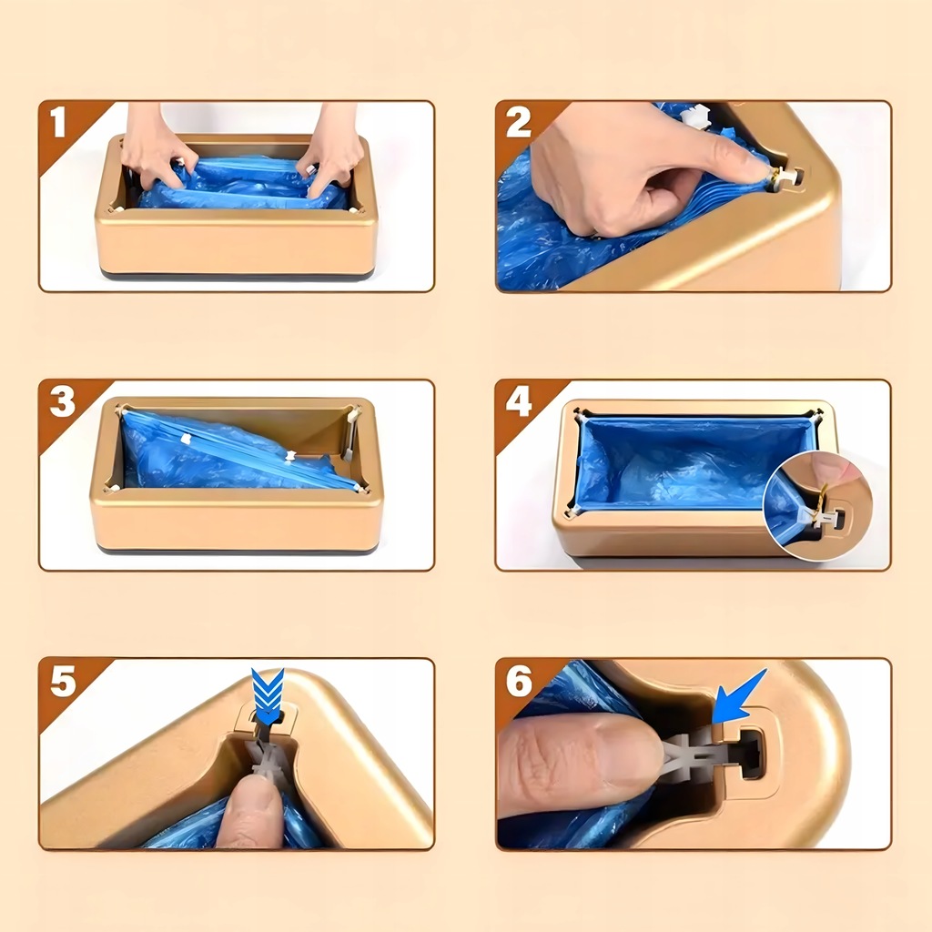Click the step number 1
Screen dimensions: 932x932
coord(57,122)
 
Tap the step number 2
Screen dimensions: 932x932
coord(518,123)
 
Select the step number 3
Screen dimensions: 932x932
coord(63,401)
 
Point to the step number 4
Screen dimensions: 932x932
coord(518,401)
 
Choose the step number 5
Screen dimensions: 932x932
coord(63,681)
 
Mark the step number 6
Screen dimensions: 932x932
coord(519,681)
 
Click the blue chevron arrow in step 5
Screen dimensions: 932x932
coord(268,696)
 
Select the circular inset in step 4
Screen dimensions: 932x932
coord(818,505)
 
